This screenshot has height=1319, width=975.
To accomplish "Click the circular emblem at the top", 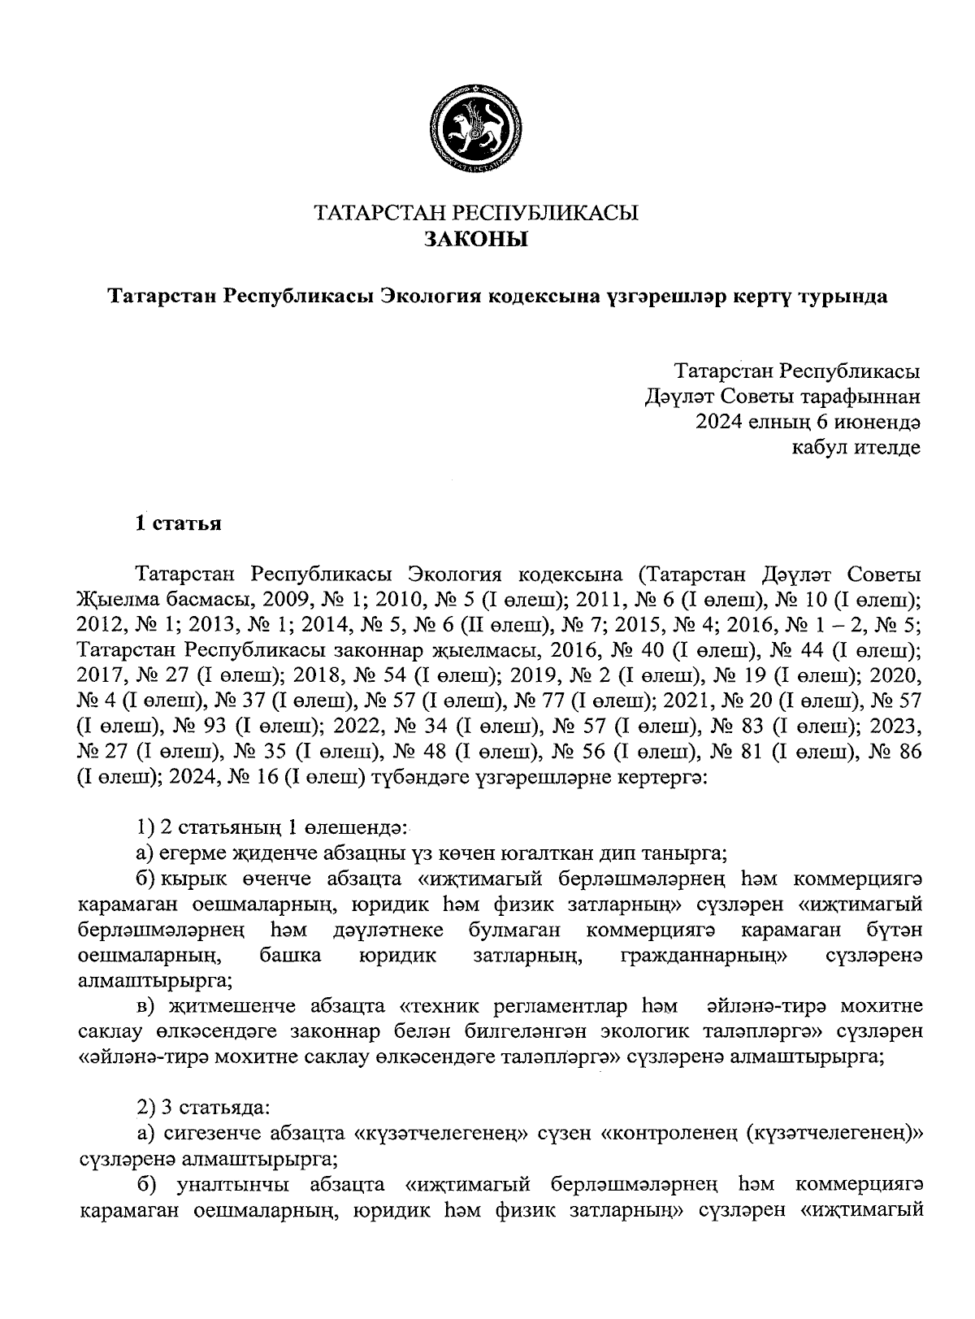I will pyautogui.click(x=476, y=129).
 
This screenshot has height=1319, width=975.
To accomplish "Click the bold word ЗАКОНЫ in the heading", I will pyautogui.click(x=476, y=240).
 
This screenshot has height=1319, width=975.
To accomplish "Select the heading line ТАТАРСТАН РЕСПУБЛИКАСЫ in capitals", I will pyautogui.click(x=476, y=214).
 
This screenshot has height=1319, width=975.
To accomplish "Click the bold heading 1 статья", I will pyautogui.click(x=178, y=523).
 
